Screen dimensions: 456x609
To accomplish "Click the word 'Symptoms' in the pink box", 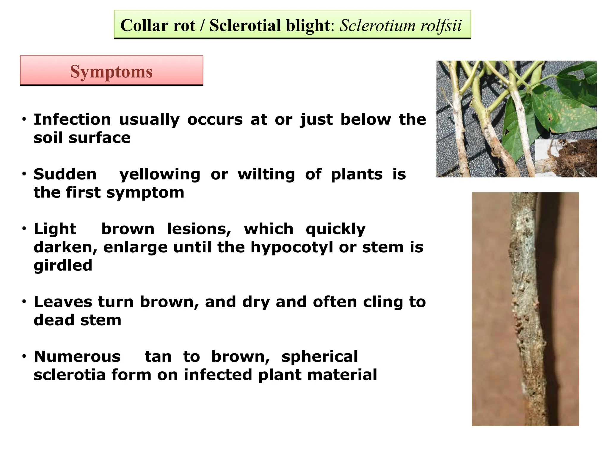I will (x=111, y=72).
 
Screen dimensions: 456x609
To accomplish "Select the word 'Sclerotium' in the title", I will (x=377, y=26).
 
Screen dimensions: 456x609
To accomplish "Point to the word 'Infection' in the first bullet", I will (x=72, y=120).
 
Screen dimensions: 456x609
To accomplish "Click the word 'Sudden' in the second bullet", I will (x=65, y=174).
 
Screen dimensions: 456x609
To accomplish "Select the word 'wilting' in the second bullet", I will (x=266, y=174).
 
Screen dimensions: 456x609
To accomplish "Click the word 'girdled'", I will (x=63, y=265).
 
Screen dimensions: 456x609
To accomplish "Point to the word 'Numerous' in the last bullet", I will (x=77, y=357).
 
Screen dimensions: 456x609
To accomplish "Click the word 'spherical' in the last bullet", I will (x=320, y=357).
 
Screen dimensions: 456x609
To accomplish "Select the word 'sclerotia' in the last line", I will (x=70, y=375).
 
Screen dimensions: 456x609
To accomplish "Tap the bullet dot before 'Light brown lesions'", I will (x=24, y=229).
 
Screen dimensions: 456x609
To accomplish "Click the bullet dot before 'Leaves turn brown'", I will (x=24, y=302).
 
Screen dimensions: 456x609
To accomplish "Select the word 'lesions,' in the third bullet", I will (x=199, y=229).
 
